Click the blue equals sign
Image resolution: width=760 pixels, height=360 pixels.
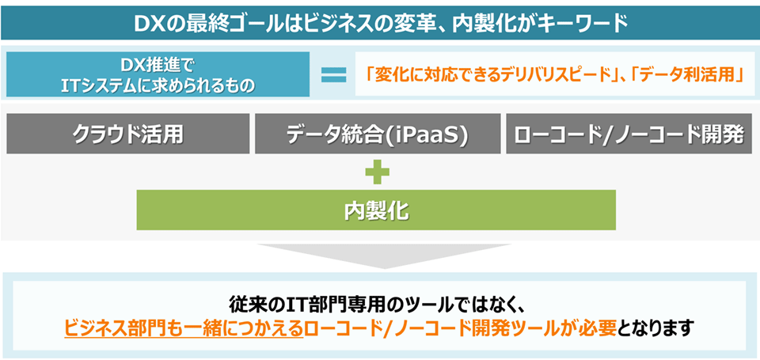tap(333, 75)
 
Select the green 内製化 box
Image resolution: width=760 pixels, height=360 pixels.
tap(377, 210)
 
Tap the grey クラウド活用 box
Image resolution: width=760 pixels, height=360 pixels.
tap(127, 134)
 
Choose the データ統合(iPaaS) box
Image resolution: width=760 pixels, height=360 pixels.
tap(378, 134)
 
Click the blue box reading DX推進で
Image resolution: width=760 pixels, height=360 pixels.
tap(158, 63)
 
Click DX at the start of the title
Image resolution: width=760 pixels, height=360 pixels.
tap(150, 21)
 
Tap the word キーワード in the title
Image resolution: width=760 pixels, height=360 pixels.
tap(582, 21)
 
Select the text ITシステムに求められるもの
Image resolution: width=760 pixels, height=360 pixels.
tap(158, 85)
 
